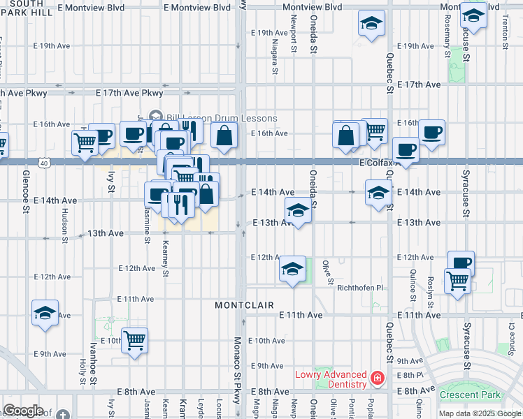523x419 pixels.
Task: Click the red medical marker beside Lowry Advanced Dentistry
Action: click(x=378, y=378)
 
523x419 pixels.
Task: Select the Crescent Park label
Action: click(x=471, y=395)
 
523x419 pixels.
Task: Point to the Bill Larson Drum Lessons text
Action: click(x=222, y=118)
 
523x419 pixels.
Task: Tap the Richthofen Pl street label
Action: click(x=361, y=288)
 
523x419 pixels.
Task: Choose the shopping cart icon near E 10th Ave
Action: click(x=135, y=341)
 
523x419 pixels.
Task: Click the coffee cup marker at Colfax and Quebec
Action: click(x=406, y=149)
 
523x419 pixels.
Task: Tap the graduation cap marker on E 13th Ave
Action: click(x=298, y=210)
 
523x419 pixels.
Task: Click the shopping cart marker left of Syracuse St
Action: click(x=458, y=281)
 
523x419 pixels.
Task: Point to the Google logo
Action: click(x=24, y=411)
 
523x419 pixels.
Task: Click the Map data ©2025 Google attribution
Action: click(x=479, y=413)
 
